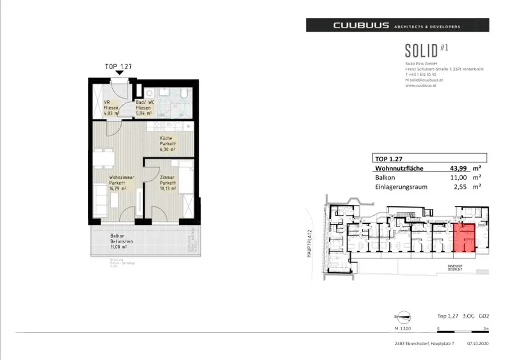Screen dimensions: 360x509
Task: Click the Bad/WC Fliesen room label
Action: [144, 108]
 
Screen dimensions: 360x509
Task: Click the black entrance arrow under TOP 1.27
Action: [118, 73]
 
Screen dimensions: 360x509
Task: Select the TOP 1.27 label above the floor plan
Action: [118, 66]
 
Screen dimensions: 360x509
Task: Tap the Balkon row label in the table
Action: [385, 178]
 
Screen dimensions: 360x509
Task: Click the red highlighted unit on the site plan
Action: [464, 237]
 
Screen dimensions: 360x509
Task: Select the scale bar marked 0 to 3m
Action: [463, 329]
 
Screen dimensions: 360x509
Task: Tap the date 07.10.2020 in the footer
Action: [478, 343]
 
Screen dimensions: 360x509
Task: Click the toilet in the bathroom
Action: [183, 93]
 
